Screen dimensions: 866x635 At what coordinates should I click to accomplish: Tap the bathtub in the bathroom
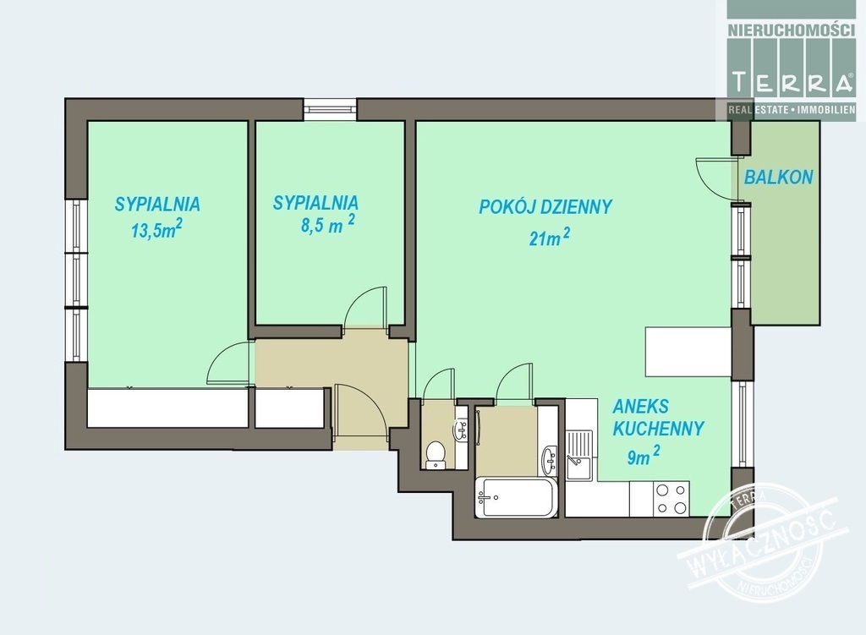point(516,497)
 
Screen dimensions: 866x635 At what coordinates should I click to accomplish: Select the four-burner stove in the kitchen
point(671,499)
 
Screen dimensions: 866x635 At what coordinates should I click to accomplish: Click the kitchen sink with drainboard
point(579,455)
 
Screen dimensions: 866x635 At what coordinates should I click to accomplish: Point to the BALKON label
point(778,178)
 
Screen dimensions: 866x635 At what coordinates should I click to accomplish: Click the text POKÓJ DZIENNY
point(545,206)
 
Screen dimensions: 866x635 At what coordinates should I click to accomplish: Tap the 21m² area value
point(550,238)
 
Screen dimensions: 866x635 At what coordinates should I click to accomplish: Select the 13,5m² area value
point(156,229)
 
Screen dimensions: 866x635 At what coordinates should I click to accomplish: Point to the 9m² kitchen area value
point(643,456)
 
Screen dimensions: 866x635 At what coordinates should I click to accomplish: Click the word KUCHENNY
point(658,429)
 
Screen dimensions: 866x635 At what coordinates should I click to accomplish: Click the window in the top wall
point(331,109)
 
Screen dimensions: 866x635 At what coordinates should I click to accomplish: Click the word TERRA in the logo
point(792,82)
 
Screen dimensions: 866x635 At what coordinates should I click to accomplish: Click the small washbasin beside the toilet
point(462,430)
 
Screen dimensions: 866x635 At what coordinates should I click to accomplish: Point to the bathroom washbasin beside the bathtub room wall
point(549,460)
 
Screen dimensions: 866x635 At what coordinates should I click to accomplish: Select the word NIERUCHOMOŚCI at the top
point(791,30)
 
